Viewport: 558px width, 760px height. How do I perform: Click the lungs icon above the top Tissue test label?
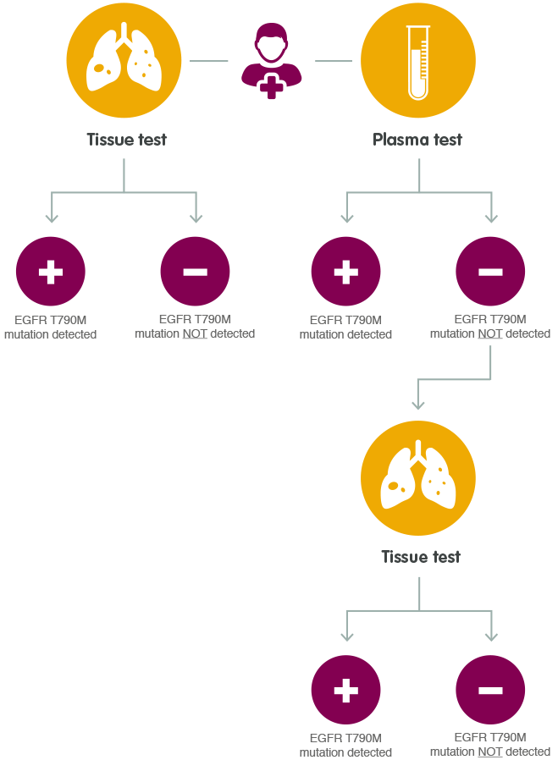pyautogui.click(x=124, y=59)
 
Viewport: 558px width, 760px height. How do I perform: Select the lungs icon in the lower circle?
pyautogui.click(x=418, y=479)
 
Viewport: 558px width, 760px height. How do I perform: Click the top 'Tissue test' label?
pyautogui.click(x=126, y=139)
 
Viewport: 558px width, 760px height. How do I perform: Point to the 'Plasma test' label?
pyautogui.click(x=418, y=139)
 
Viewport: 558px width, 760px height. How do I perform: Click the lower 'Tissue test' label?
pyautogui.click(x=421, y=556)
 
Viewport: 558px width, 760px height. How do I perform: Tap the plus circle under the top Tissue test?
pyautogui.click(x=51, y=273)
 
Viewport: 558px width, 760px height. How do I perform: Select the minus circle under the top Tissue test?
pyautogui.click(x=196, y=272)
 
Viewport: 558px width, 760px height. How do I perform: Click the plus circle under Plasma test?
pyautogui.click(x=345, y=273)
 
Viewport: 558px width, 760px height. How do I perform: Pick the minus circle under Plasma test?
pyautogui.click(x=490, y=272)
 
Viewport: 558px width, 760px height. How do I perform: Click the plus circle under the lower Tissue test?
pyautogui.click(x=345, y=691)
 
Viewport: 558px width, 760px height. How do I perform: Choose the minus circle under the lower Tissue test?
pyautogui.click(x=490, y=691)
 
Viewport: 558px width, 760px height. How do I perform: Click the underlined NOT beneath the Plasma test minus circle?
pyautogui.click(x=489, y=333)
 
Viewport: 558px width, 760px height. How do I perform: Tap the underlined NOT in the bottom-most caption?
pyautogui.click(x=489, y=752)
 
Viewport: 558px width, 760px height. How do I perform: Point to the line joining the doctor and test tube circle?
pyautogui.click(x=333, y=61)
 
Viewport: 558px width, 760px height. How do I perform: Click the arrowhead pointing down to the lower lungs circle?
pyautogui.click(x=418, y=403)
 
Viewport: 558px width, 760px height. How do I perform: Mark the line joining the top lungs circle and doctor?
pyautogui.click(x=209, y=61)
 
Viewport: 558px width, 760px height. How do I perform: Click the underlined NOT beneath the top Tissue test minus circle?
pyautogui.click(x=194, y=333)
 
